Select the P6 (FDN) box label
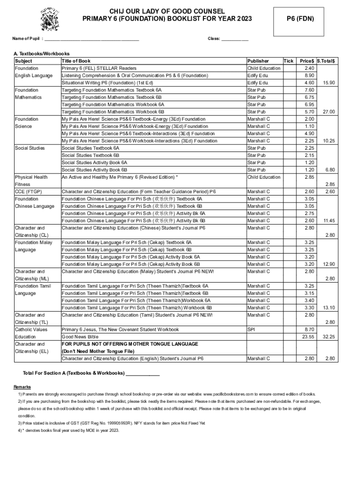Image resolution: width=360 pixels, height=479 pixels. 300,19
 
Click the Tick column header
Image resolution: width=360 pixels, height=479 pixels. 289,61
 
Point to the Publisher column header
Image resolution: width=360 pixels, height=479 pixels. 258,61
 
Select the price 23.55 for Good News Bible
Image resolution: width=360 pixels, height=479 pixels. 308,337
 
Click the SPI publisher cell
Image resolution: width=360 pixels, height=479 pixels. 252,329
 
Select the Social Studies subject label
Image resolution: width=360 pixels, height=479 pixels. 30,148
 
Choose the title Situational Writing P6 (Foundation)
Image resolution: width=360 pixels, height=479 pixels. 110,83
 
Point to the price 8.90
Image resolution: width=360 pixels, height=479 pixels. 309,75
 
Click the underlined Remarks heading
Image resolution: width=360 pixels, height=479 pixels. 22,387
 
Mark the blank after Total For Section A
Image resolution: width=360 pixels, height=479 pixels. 143,373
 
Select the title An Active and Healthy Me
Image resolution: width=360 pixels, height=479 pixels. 119,177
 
